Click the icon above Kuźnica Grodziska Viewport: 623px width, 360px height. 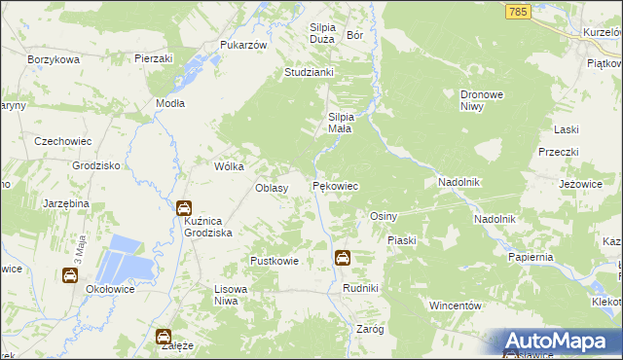(184, 207)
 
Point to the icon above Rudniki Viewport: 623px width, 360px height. (343, 258)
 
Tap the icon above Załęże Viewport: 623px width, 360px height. (164, 337)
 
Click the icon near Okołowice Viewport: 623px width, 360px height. (71, 275)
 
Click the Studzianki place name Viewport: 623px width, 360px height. (309, 72)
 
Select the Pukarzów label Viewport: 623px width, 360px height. (242, 46)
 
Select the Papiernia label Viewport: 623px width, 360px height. (531, 256)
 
